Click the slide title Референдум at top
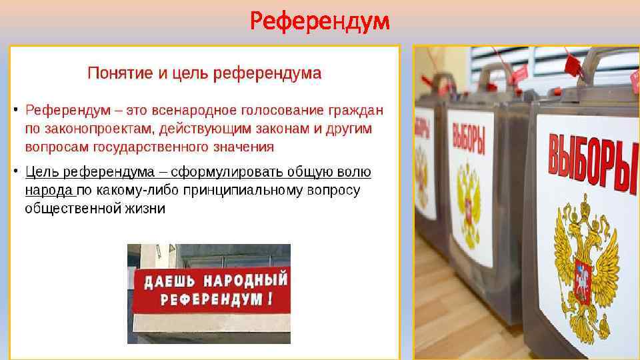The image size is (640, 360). coord(319,22)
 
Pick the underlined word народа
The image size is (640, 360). coord(49,190)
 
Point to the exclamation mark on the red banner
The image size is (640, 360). coord(269,299)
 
